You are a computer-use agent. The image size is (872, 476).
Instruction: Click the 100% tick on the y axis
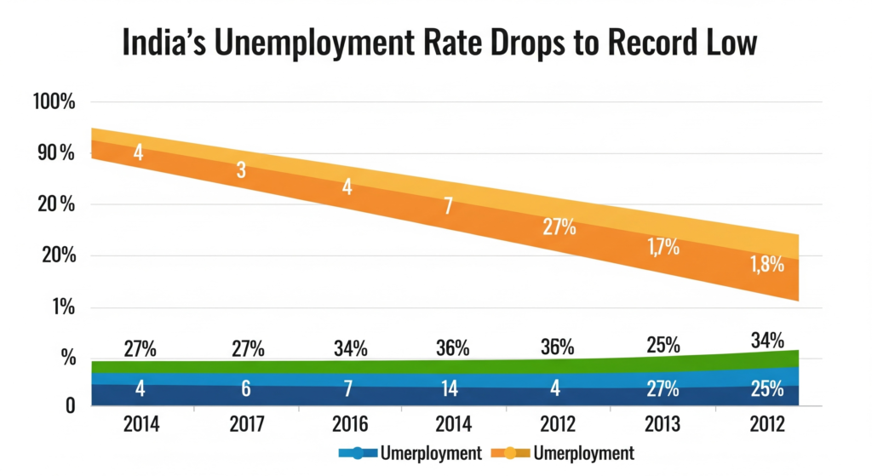pyautogui.click(x=53, y=102)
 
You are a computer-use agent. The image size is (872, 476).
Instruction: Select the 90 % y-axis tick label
pyautogui.click(x=53, y=153)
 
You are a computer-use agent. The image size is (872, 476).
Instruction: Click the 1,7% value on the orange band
pyautogui.click(x=662, y=248)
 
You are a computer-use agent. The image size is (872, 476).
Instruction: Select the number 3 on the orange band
pyautogui.click(x=242, y=169)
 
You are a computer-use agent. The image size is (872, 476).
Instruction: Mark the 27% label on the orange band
pyautogui.click(x=559, y=228)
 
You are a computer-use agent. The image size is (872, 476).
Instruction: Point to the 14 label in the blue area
pyautogui.click(x=450, y=389)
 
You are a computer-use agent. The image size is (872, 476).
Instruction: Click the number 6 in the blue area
pyautogui.click(x=245, y=389)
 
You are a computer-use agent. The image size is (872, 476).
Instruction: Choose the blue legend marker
pyautogui.click(x=356, y=452)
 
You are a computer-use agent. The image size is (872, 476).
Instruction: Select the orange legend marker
pyautogui.click(x=513, y=452)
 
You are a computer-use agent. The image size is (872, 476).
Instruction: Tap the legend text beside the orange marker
pyautogui.click(x=584, y=452)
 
